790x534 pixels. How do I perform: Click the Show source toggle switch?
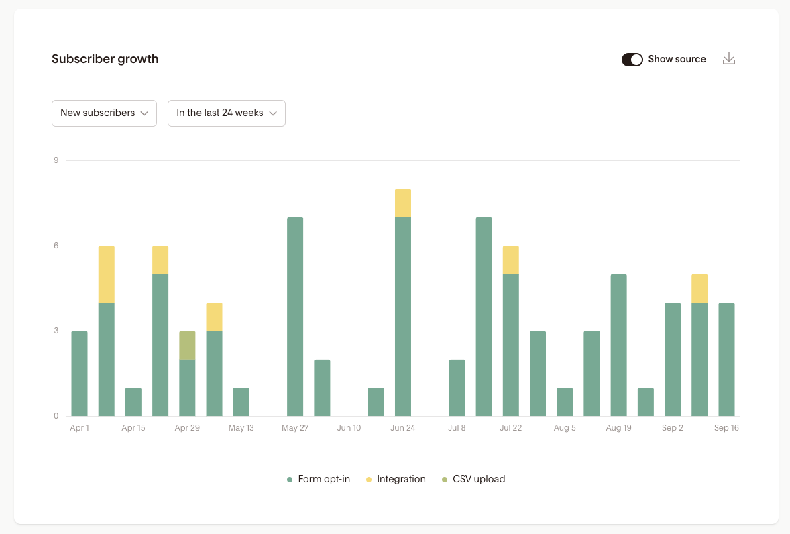(632, 60)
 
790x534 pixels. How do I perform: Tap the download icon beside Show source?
(729, 59)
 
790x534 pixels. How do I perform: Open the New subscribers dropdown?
(104, 113)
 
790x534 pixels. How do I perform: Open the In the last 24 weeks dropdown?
(226, 113)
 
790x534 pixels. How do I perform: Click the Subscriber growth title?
(105, 59)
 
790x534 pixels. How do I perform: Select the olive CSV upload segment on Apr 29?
(187, 345)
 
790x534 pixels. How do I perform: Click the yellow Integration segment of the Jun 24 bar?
(403, 203)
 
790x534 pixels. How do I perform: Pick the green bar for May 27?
(295, 317)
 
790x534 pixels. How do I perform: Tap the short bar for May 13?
(241, 402)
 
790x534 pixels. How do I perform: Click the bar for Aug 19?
(618, 345)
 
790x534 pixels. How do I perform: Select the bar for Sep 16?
(726, 359)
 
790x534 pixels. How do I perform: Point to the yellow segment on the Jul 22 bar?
(511, 260)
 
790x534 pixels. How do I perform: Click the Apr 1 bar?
(79, 373)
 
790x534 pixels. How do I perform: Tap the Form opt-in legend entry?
(318, 480)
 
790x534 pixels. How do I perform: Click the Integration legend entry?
(396, 480)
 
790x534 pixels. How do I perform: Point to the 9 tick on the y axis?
(56, 160)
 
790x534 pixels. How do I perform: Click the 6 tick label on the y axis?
(56, 246)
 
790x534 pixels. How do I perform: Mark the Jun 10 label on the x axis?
(349, 428)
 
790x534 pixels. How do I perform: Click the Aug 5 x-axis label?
(565, 428)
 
